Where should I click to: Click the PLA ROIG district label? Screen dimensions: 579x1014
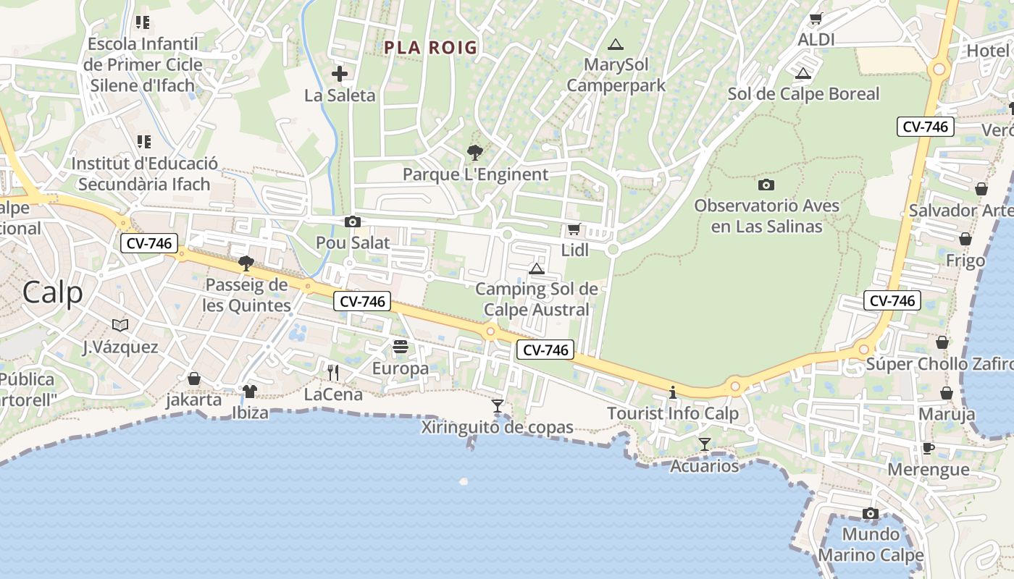[430, 48]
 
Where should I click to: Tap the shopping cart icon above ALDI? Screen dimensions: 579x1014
[816, 19]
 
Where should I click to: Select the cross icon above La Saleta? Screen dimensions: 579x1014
[340, 74]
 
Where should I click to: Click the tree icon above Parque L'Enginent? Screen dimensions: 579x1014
[475, 153]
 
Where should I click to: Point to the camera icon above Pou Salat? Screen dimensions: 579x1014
[353, 221]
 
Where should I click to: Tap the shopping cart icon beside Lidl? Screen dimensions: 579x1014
[574, 229]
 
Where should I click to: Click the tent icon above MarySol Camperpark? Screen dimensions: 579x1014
[616, 44]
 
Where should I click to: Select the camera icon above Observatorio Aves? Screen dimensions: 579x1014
[766, 185]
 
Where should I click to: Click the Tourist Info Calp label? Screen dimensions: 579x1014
[673, 413]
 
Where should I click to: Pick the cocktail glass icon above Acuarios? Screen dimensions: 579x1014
[704, 444]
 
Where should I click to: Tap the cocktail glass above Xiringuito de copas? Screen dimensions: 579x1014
[498, 406]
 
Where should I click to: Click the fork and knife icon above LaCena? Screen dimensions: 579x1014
[333, 373]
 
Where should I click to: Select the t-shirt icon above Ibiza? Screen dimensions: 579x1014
[250, 392]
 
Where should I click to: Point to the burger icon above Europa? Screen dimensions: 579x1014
[401, 347]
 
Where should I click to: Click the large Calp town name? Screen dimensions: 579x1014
[52, 292]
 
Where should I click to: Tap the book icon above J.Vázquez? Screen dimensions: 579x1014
[120, 326]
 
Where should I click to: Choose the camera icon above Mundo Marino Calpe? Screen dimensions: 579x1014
[871, 514]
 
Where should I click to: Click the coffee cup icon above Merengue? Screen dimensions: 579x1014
[929, 448]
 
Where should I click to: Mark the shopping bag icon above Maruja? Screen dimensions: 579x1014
[947, 393]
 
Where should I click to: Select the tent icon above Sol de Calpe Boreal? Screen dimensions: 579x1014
[803, 73]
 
